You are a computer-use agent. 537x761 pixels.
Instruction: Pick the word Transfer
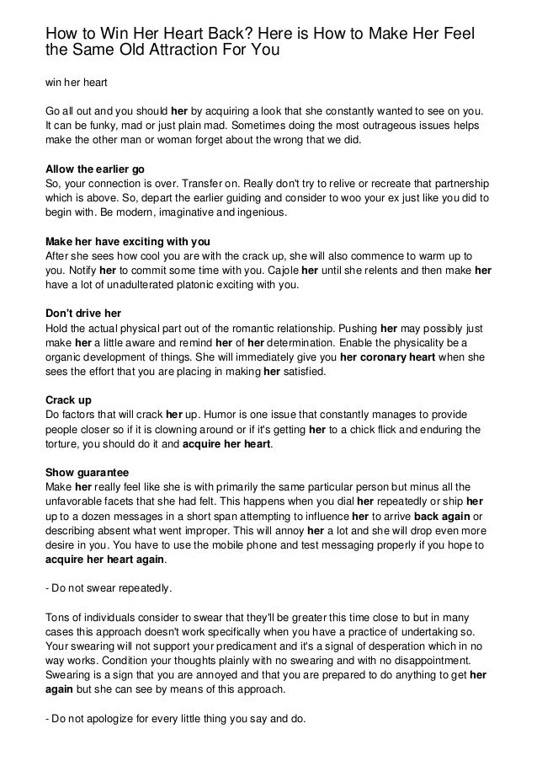pos(209,183)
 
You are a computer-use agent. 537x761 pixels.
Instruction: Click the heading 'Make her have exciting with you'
pos(126,240)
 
